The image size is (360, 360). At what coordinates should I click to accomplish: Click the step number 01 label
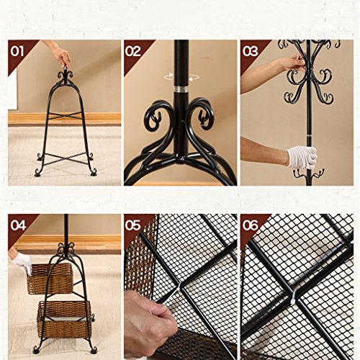click(x=17, y=51)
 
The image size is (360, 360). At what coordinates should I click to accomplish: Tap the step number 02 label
click(x=132, y=51)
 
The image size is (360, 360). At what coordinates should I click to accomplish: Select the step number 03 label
click(x=250, y=51)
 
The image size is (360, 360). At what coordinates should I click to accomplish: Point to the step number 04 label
click(x=18, y=225)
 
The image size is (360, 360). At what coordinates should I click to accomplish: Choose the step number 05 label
click(x=132, y=225)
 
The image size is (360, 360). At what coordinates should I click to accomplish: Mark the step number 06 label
click(x=250, y=225)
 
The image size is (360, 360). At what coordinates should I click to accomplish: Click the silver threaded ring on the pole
click(x=181, y=89)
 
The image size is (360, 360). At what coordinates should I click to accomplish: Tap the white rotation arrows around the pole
click(x=181, y=77)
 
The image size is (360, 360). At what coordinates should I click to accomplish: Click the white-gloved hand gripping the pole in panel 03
click(x=302, y=157)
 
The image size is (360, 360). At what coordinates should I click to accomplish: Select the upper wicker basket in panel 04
click(x=50, y=279)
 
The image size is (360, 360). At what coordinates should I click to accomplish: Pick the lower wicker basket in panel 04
click(x=64, y=316)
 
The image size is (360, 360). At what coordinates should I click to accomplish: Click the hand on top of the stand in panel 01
click(x=62, y=56)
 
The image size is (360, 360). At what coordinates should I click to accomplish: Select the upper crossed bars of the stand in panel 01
click(x=65, y=116)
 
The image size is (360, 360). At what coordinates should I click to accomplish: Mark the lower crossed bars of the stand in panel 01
click(x=65, y=158)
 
